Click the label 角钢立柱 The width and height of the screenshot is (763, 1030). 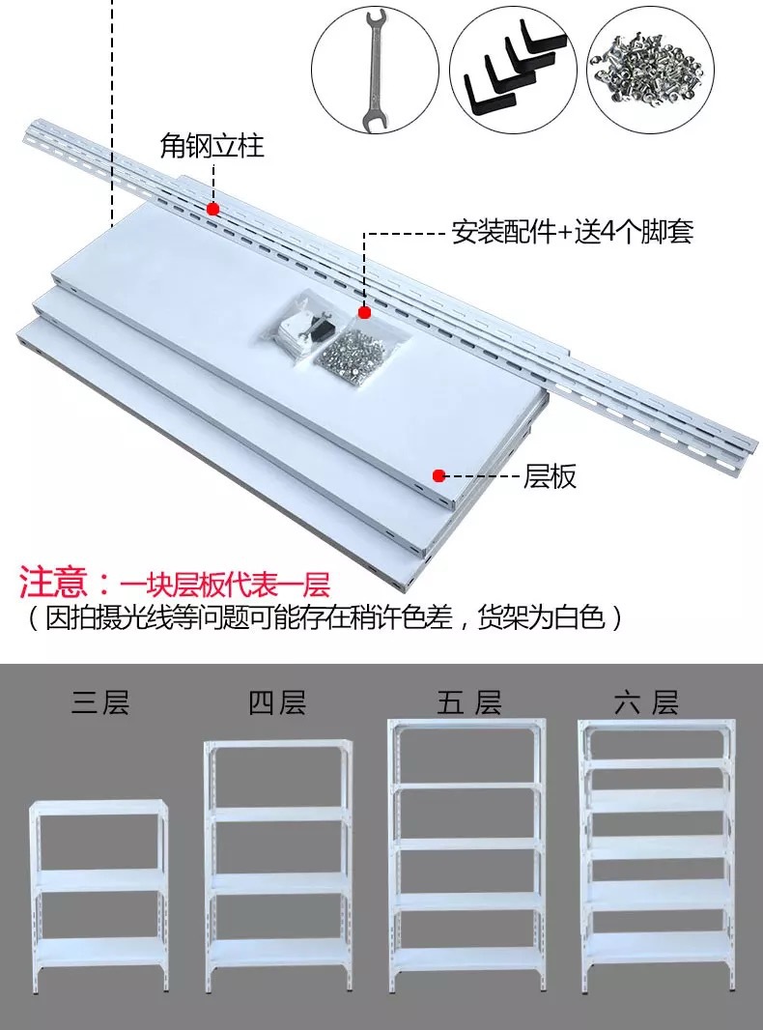pyautogui.click(x=212, y=147)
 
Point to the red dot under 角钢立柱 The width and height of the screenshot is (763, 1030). pyautogui.click(x=212, y=208)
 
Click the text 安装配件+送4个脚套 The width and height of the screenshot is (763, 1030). pyautogui.click(x=572, y=233)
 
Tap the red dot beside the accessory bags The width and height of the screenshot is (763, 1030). pyautogui.click(x=364, y=312)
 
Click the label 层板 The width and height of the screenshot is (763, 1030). pyautogui.click(x=550, y=475)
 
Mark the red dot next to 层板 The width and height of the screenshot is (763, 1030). pyautogui.click(x=438, y=475)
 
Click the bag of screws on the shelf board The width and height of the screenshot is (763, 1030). pyautogui.click(x=349, y=351)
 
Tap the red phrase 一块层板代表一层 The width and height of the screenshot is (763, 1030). pyautogui.click(x=225, y=585)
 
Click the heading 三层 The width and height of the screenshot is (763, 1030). pyautogui.click(x=99, y=702)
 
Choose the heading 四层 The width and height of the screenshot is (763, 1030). pyautogui.click(x=277, y=702)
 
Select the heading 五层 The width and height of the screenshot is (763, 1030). pyautogui.click(x=468, y=702)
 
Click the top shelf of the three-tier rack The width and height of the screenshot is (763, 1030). pyautogui.click(x=99, y=807)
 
